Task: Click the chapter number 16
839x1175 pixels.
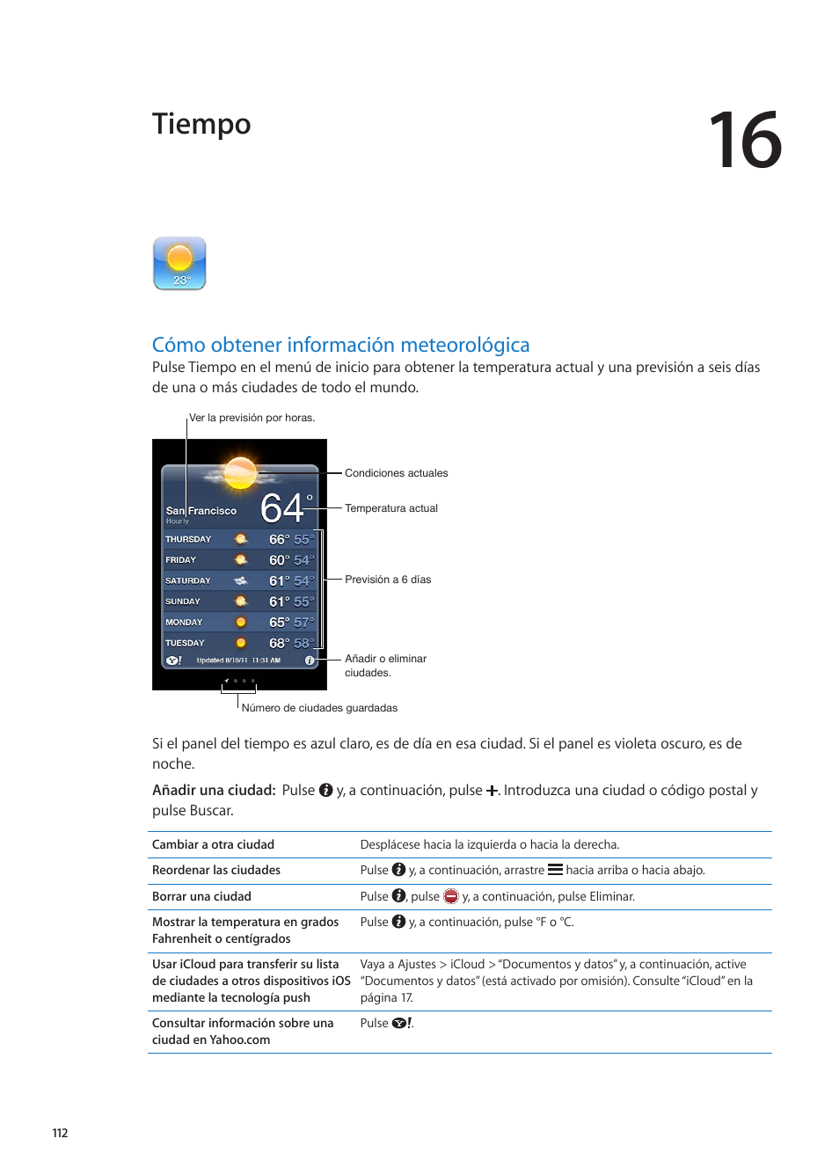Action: pos(745,141)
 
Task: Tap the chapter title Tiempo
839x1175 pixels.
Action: pos(201,124)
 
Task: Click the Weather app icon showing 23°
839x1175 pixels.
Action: pos(179,263)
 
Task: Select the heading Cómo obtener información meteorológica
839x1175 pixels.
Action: pos(340,345)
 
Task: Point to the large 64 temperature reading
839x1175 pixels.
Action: pos(282,508)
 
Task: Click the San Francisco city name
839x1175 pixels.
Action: pos(201,510)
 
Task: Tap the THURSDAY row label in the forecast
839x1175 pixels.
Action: pos(188,539)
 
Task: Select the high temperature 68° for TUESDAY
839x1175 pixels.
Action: pos(279,643)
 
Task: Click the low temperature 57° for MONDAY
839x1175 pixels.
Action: pos(303,623)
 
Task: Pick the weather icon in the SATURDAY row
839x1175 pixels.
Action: pos(240,580)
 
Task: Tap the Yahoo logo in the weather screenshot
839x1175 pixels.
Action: pos(174,660)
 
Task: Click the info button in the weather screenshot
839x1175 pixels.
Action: pos(310,660)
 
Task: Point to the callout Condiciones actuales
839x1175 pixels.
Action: pos(396,473)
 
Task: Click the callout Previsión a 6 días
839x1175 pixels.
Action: pos(388,580)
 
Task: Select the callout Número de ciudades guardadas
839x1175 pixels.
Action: pos(319,708)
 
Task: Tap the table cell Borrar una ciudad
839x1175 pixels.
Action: pos(201,896)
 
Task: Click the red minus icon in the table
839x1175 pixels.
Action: pos(451,896)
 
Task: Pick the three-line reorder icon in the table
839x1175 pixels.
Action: pos(555,870)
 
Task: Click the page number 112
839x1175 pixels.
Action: pos(60,1133)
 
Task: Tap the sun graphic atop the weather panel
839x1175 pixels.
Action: pos(240,472)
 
